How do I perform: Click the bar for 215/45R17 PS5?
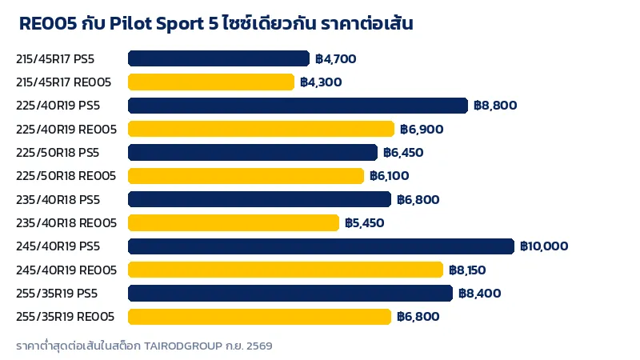pos(218,58)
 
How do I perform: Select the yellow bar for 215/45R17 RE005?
pos(211,82)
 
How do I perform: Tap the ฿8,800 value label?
pos(495,106)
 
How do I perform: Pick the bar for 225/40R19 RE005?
pos(262,129)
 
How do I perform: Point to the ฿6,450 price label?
pos(403,153)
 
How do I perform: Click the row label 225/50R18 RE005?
pos(66,176)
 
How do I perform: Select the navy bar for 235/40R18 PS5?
pos(259,199)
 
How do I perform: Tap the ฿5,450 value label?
pos(365,223)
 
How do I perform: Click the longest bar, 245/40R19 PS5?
pos(322,246)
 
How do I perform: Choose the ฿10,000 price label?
pos(544,246)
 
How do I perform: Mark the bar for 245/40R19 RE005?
pos(286,270)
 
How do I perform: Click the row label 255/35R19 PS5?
pos(57,294)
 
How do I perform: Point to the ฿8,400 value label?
pos(480,294)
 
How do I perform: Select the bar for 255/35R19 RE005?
pos(259,317)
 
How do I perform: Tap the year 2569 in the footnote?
pos(259,346)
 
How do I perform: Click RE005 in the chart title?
pos(48,24)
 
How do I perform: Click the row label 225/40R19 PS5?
pos(58,106)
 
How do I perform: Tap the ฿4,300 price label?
pos(321,82)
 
